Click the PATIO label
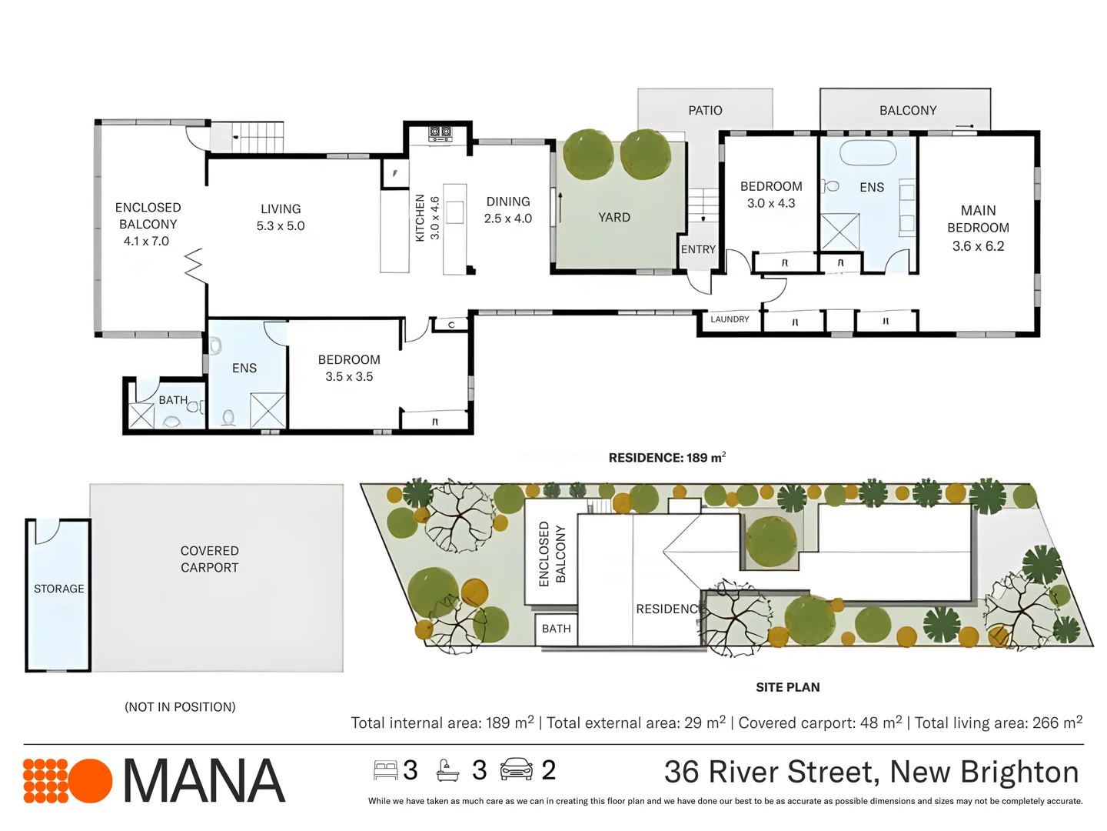point(705,111)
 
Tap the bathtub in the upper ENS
point(868,152)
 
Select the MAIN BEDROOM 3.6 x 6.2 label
point(978,228)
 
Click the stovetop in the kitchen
point(440,133)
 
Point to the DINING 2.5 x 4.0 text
point(508,210)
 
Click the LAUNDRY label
point(730,319)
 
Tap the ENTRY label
point(698,249)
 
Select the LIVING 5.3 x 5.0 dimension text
point(281,226)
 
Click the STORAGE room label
point(59,589)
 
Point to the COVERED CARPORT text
point(210,559)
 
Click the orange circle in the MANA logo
point(91,781)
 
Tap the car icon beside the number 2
point(516,769)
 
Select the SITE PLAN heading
point(787,687)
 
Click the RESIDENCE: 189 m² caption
point(667,458)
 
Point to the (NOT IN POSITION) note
point(180,707)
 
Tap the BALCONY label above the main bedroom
point(908,111)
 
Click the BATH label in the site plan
point(556,629)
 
